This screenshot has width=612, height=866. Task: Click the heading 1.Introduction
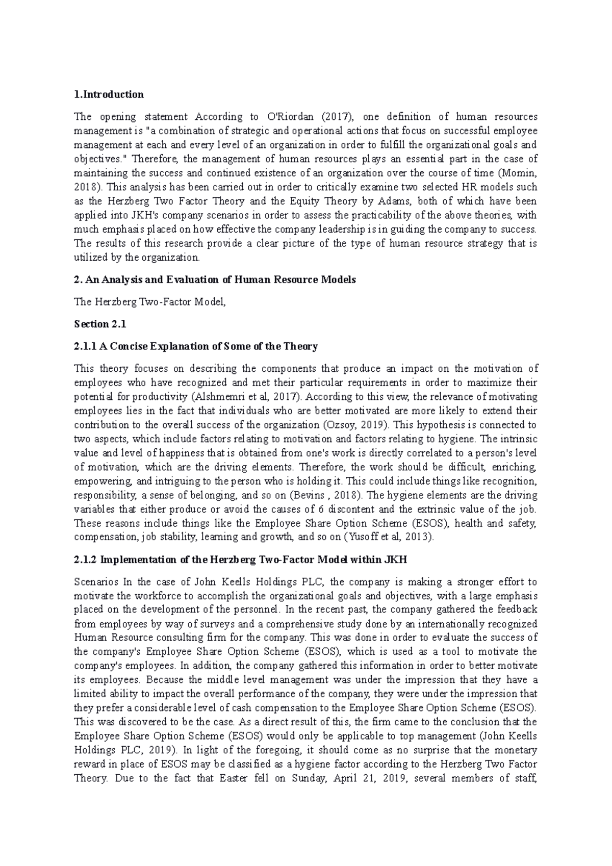pos(109,94)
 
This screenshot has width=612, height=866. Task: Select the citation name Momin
pos(519,173)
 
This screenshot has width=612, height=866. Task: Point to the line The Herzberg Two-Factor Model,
pos(149,302)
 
